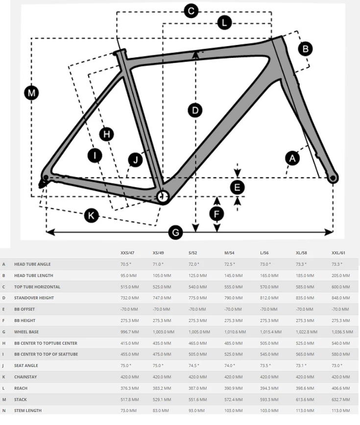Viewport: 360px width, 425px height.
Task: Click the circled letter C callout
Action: pyautogui.click(x=190, y=10)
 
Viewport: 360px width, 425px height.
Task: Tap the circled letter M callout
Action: pyautogui.click(x=32, y=93)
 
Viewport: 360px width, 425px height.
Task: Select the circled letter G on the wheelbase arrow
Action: pyautogui.click(x=175, y=232)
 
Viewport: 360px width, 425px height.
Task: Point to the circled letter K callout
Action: pyautogui.click(x=91, y=215)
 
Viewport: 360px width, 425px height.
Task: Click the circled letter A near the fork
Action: pyautogui.click(x=293, y=158)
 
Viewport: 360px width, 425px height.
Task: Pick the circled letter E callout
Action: pyautogui.click(x=238, y=187)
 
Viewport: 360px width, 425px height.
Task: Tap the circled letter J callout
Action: pyautogui.click(x=135, y=159)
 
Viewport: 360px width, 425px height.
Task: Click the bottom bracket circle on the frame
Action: pyautogui.click(x=163, y=197)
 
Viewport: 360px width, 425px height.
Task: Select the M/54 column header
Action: pyautogui.click(x=230, y=253)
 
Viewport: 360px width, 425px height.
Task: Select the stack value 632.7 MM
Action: pyautogui.click(x=341, y=399)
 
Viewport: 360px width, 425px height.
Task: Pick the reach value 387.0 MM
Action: pyautogui.click(x=198, y=388)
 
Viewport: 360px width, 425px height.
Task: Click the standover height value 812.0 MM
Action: pyautogui.click(x=269, y=298)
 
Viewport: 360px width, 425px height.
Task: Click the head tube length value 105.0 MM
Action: pyautogui.click(x=162, y=275)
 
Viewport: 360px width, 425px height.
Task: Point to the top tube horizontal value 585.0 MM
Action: pyautogui.click(x=305, y=287)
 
